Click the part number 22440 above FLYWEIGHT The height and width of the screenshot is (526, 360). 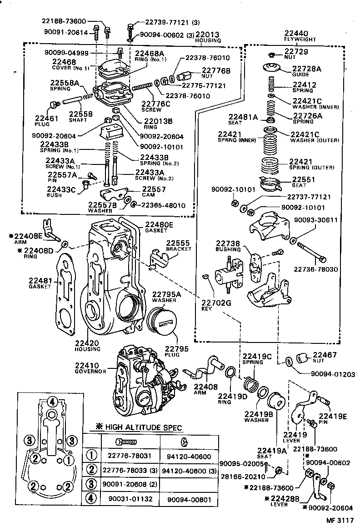296,34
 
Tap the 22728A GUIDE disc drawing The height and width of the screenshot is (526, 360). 271,68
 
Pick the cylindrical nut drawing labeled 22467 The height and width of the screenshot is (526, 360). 302,358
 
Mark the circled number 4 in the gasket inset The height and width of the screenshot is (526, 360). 53,402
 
